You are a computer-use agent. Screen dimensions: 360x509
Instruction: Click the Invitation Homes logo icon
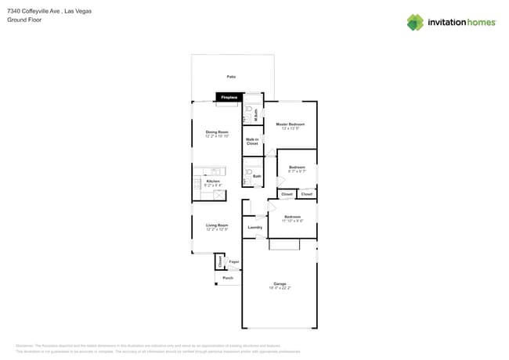[415, 22]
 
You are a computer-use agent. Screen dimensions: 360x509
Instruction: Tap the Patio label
[231, 77]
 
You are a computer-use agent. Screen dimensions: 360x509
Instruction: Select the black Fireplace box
[229, 97]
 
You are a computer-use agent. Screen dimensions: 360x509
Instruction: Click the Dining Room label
[217, 131]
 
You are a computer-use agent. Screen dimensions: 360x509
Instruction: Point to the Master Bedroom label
[291, 124]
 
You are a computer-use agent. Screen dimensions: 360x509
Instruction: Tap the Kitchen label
[213, 182]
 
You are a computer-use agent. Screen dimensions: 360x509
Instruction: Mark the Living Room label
[217, 225]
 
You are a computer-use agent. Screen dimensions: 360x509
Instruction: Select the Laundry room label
[254, 227]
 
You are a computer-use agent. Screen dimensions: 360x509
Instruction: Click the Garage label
[280, 283]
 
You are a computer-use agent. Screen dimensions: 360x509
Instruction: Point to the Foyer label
[234, 261]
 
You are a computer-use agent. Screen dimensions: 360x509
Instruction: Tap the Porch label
[228, 278]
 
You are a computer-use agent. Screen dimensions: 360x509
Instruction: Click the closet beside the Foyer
[220, 263]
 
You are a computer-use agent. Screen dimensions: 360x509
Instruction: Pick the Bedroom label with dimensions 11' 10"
[292, 217]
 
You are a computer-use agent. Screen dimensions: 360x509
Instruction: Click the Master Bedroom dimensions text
[291, 128]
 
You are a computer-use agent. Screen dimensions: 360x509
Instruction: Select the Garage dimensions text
[280, 287]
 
